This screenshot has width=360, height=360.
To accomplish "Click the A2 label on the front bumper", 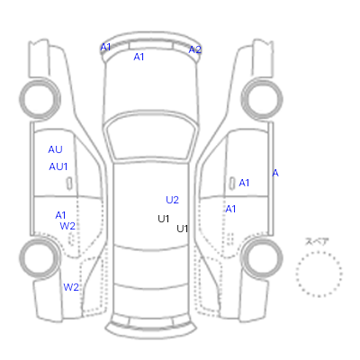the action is tap(195, 49).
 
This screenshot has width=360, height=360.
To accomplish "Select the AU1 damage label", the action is tap(58, 166).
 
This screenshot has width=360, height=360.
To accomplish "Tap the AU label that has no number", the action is tap(55, 149).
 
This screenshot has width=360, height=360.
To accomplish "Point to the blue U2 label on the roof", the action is tap(172, 200).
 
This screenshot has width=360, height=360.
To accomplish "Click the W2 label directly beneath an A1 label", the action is tap(67, 226).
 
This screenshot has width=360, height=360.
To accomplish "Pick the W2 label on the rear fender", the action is tap(71, 287).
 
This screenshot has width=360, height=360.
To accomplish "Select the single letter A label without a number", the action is tap(275, 173).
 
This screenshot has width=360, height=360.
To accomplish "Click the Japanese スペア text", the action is tap(317, 241).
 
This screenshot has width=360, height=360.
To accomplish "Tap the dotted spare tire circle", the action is tap(319, 253).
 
